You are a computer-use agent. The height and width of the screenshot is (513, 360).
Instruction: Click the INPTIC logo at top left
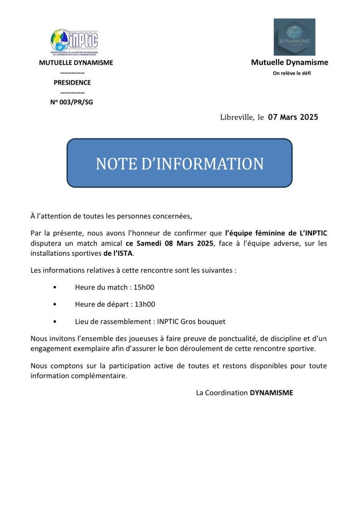(x=74, y=41)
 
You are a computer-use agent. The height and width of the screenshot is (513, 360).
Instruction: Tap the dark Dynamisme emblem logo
(x=294, y=37)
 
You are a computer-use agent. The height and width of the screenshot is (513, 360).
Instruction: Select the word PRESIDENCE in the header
(x=72, y=83)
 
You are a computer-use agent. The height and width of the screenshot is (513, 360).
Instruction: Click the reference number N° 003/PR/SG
(x=72, y=102)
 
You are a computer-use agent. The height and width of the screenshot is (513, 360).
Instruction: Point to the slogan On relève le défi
(x=292, y=73)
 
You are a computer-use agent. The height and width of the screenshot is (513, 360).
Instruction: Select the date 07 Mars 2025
(x=293, y=117)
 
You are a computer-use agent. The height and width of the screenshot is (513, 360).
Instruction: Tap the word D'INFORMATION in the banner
(x=203, y=164)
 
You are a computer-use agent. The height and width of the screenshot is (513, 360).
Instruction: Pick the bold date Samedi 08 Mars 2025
(x=175, y=243)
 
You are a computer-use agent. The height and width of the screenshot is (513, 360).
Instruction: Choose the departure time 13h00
(x=145, y=304)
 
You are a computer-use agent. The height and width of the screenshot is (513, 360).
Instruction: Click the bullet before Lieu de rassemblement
(x=55, y=322)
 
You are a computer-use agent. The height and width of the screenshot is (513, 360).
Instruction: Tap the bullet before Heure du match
(x=55, y=288)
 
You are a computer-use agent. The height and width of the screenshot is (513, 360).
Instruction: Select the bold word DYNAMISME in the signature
(x=272, y=393)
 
